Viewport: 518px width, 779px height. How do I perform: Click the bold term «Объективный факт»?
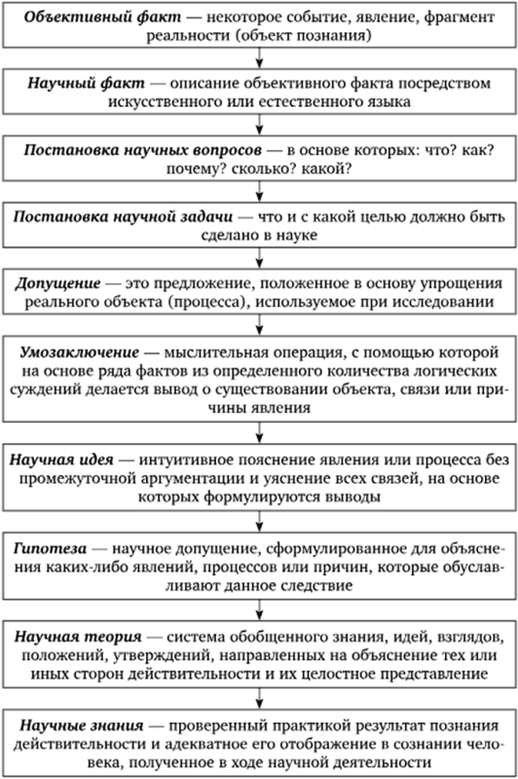tap(103, 17)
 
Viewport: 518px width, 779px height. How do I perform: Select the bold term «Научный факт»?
tap(86, 83)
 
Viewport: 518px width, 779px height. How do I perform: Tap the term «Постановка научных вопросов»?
tap(142, 150)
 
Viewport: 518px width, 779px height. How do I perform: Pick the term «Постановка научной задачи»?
tap(123, 216)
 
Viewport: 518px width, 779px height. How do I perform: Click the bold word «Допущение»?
tap(57, 283)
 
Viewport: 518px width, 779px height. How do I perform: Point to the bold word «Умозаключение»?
tap(80, 352)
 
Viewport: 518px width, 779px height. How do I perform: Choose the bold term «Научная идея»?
tap(61, 460)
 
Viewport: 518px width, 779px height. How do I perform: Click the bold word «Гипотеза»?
tap(51, 548)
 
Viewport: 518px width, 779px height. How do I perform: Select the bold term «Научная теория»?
tap(78, 637)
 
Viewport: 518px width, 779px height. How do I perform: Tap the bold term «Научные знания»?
tap(82, 725)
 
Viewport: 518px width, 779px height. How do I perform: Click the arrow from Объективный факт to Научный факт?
tap(259, 57)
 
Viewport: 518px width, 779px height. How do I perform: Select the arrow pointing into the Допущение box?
tap(259, 258)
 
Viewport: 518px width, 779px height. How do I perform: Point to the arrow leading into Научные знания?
tap(259, 699)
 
